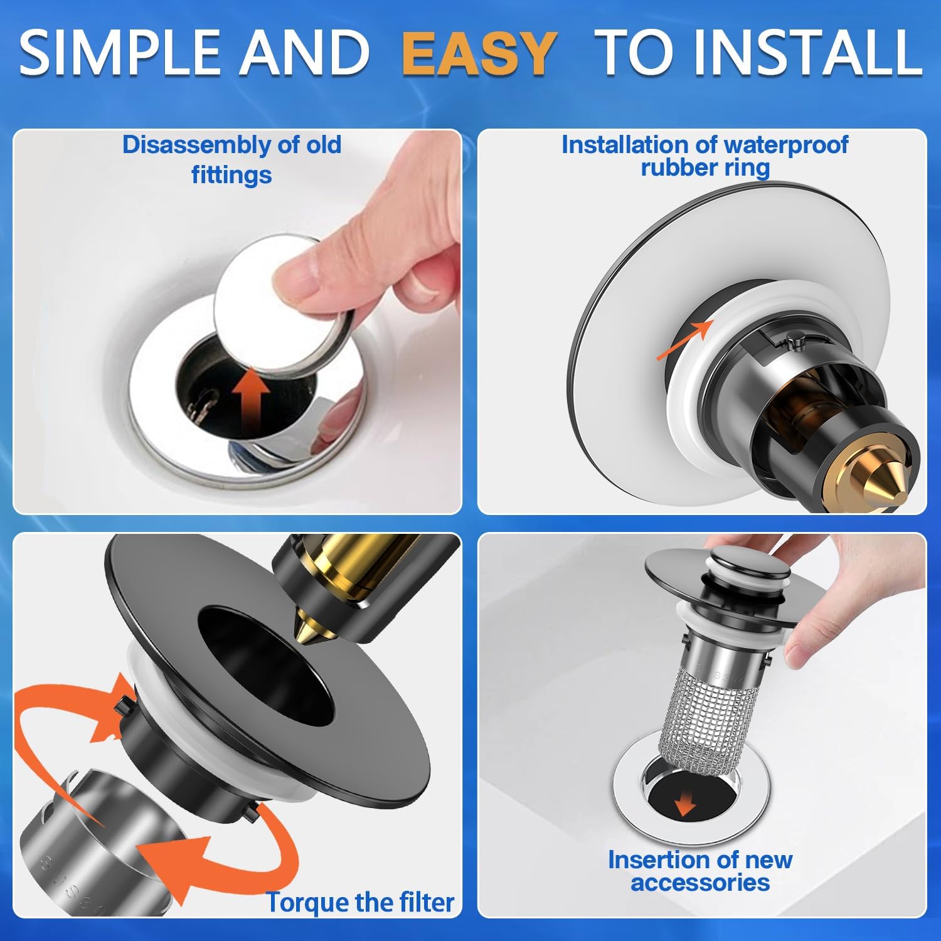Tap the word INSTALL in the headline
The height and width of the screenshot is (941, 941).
pos(808,53)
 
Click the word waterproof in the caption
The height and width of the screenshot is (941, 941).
pos(785,145)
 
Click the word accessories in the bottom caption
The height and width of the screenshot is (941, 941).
pos(700,883)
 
